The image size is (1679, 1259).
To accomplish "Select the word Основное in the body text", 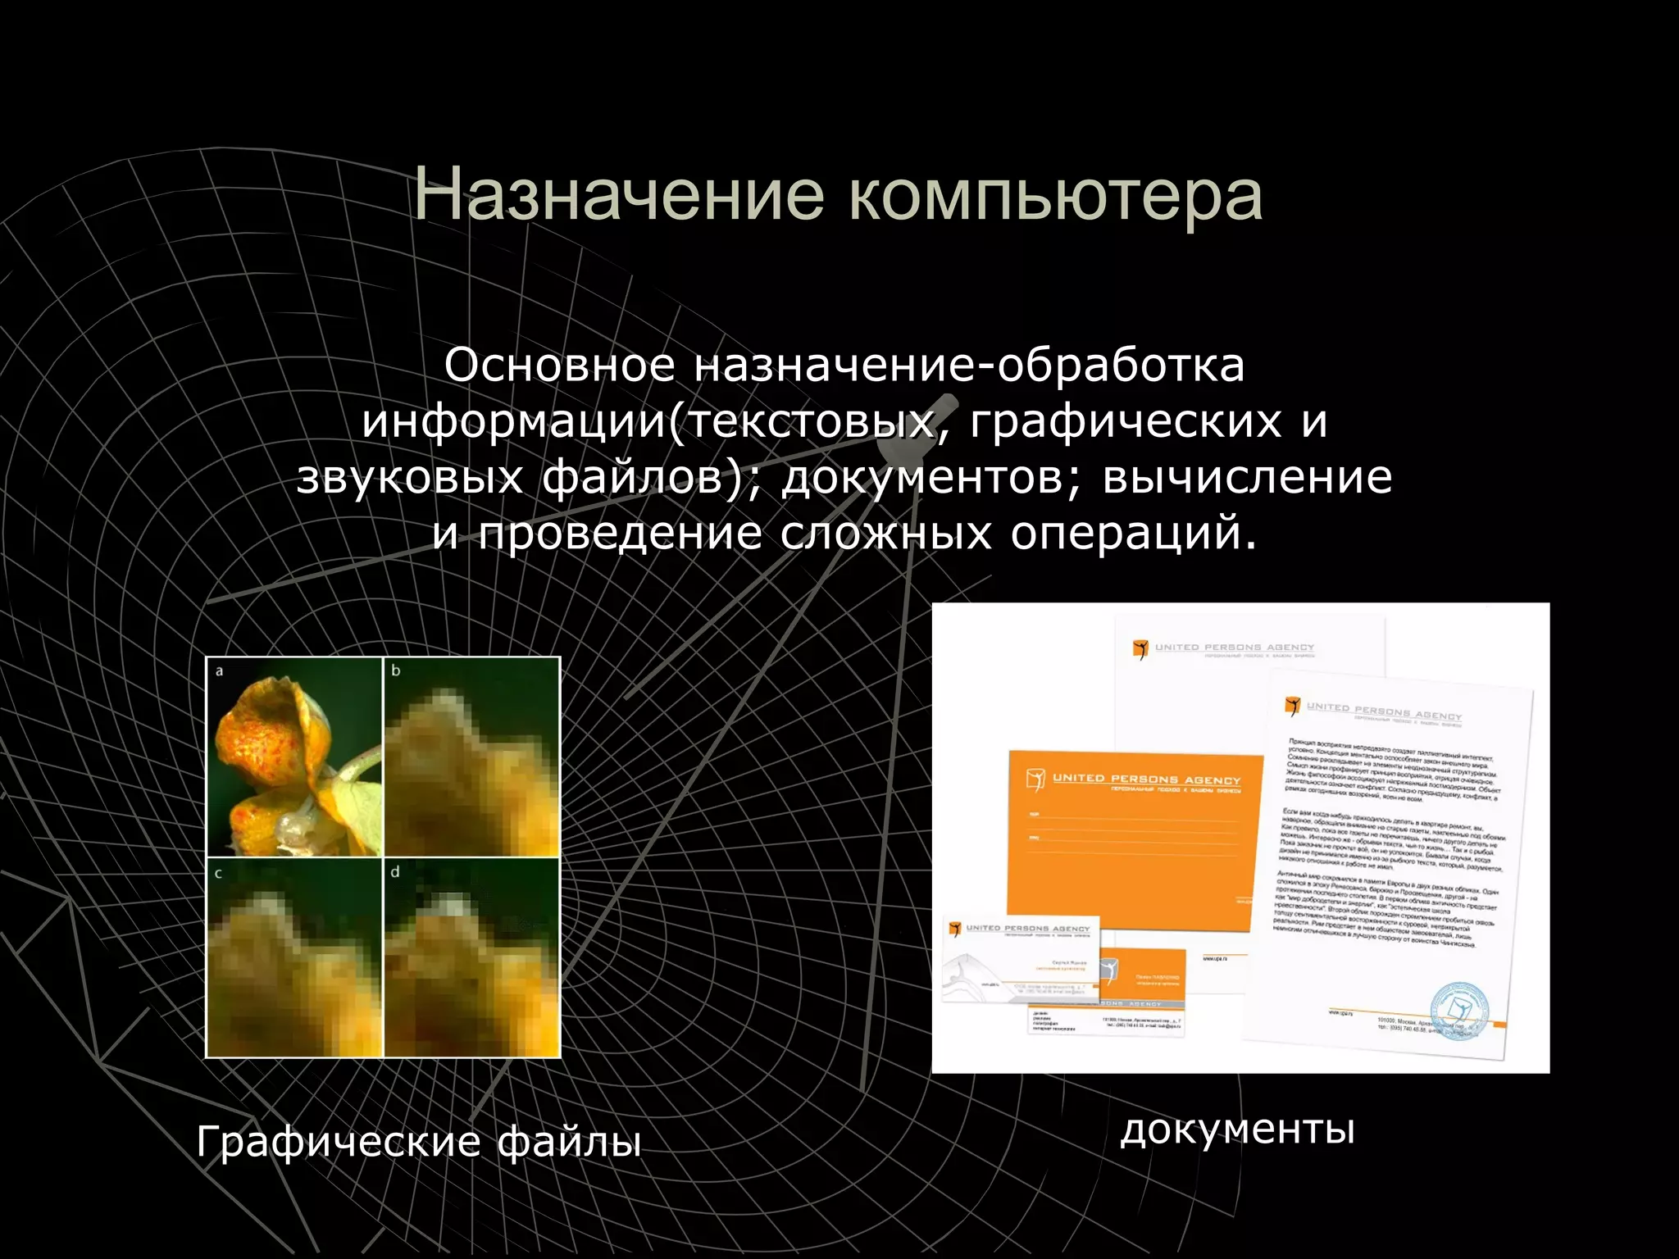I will point(559,366).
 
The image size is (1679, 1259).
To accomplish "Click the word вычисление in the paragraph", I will point(1247,477).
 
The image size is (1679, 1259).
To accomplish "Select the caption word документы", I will point(1237,1129).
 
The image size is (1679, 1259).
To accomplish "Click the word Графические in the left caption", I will point(338,1141).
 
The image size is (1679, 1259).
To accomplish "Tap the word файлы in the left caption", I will point(569,1141).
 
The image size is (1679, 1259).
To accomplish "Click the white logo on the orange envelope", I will point(1035,779).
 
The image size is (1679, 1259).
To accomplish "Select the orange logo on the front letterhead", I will point(1293,706).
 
